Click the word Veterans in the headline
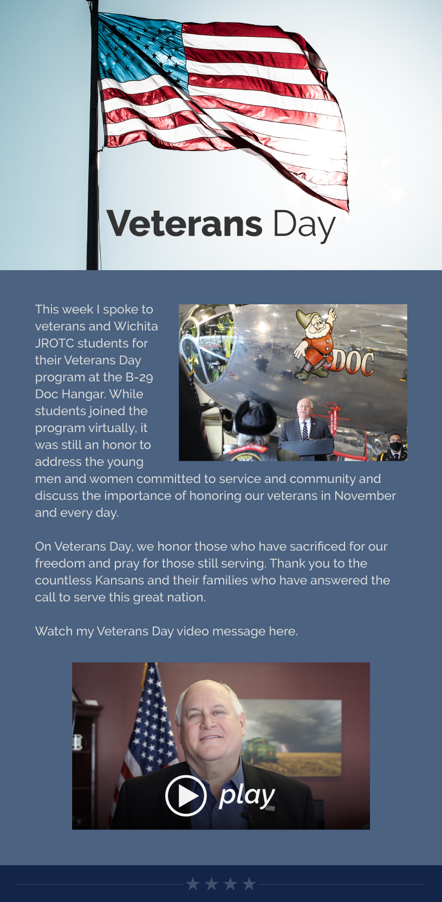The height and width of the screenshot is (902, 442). pos(185,224)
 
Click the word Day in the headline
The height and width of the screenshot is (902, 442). pos(304,226)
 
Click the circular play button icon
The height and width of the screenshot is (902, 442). pos(186,796)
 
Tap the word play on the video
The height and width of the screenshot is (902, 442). pos(247,796)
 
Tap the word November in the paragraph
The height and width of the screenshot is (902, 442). pos(365,496)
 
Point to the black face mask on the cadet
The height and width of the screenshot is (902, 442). pos(395,446)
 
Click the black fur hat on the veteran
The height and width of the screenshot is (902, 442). pos(255,417)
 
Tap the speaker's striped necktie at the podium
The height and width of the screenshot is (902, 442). pos(305,430)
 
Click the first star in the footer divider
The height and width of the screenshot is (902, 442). pos(193,884)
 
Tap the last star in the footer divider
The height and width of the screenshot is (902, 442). pos(249,884)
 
